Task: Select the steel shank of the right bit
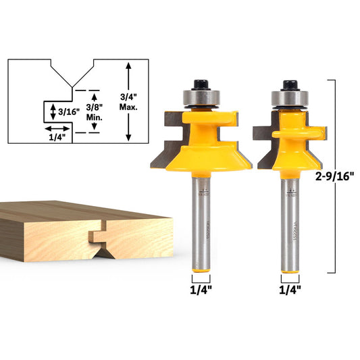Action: tap(290, 223)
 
